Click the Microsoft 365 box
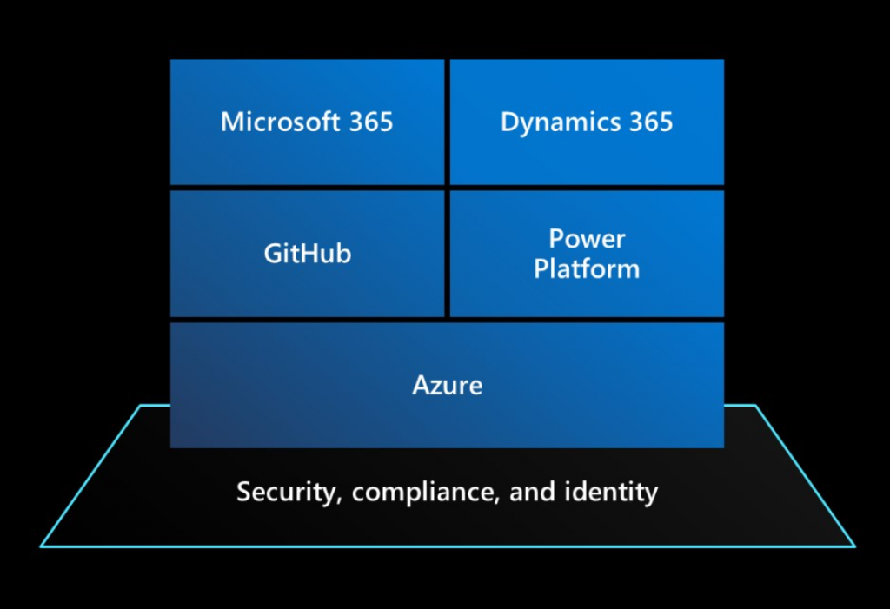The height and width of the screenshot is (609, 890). (x=307, y=122)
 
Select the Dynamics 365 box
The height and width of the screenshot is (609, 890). (x=587, y=122)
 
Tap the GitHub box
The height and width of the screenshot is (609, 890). (x=307, y=254)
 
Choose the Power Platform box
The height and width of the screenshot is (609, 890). (x=587, y=254)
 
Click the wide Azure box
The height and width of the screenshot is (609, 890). (x=447, y=385)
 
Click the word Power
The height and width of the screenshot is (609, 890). (x=587, y=239)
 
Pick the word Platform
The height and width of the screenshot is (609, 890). (x=587, y=269)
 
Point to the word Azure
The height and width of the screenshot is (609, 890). (x=447, y=385)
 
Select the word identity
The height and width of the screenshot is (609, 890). (x=614, y=493)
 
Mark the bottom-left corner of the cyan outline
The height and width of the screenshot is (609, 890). (x=41, y=546)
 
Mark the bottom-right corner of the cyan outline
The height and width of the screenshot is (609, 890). (x=854, y=546)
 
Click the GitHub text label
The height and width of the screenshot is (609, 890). (x=307, y=254)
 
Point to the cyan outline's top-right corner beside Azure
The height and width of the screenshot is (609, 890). (x=754, y=406)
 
